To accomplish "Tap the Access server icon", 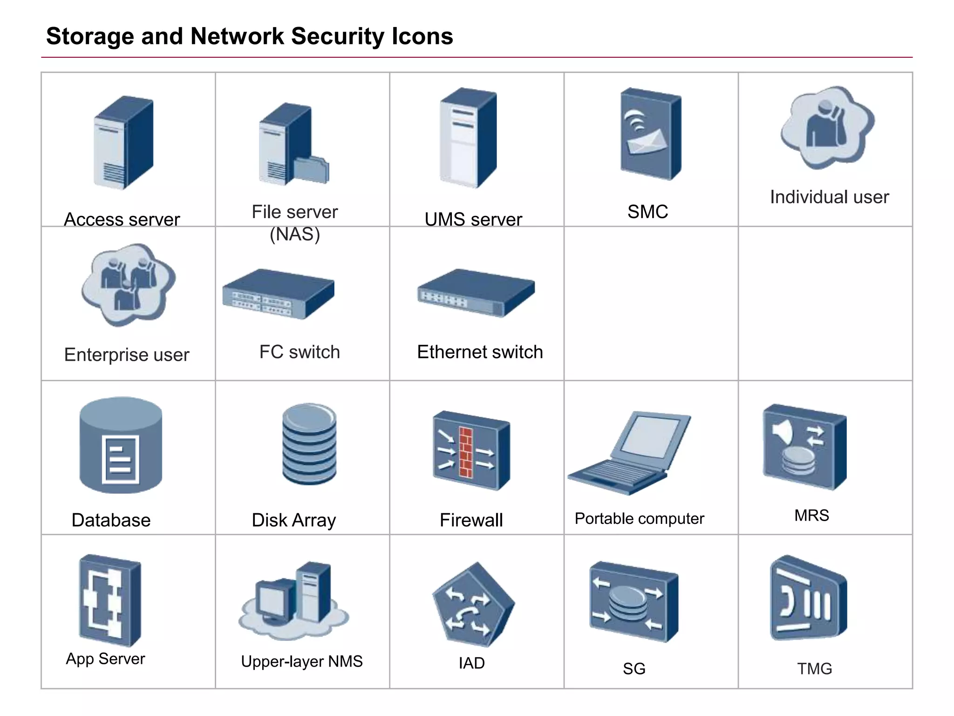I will (x=123, y=142).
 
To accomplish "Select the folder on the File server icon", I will (x=312, y=170).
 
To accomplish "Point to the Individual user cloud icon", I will (x=827, y=127).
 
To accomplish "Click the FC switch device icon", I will (x=278, y=294).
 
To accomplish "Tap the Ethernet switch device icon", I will (x=476, y=293).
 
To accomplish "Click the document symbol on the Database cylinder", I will (x=120, y=459).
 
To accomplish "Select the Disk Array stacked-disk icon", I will (x=309, y=444).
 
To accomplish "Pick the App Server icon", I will (x=110, y=600).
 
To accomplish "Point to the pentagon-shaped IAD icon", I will (x=472, y=605).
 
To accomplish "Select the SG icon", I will (x=634, y=601).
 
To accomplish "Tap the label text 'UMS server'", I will (x=473, y=219).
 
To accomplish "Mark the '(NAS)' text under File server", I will (x=295, y=234).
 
